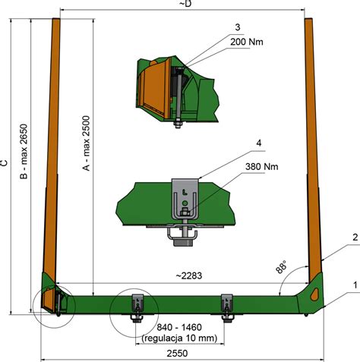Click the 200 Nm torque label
coord(247,42)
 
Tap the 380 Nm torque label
coord(262,167)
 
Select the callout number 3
coord(237,27)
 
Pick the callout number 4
coord(258,143)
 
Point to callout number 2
coord(355,238)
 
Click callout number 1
coord(355,285)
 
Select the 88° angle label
coord(281,266)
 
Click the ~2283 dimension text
coord(189,275)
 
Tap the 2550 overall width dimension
coord(177,353)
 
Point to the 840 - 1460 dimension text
coord(179,327)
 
